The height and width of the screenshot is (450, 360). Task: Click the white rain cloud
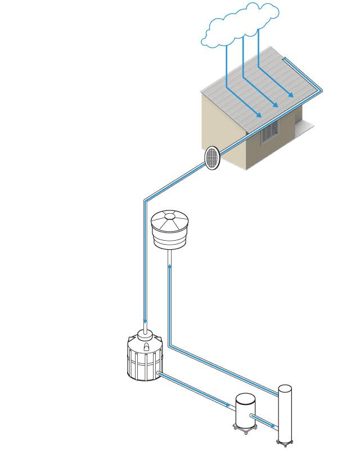pyautogui.click(x=241, y=26)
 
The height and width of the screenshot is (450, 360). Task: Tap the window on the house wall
pyautogui.click(x=270, y=132)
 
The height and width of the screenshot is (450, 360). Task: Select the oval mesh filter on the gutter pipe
pyautogui.click(x=211, y=158)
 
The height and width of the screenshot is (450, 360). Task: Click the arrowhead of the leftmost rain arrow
pyautogui.click(x=259, y=116)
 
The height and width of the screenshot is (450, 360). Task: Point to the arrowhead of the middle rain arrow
pyautogui.click(x=277, y=106)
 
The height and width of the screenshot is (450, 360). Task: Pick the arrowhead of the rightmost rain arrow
pyautogui.click(x=291, y=96)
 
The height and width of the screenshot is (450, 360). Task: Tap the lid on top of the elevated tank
pyautogui.click(x=169, y=217)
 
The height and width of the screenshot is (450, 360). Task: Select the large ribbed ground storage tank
pyautogui.click(x=145, y=357)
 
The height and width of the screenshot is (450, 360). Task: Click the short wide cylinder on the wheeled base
pyautogui.click(x=245, y=410)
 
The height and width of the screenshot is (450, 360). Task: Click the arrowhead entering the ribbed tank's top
pyautogui.click(x=145, y=321)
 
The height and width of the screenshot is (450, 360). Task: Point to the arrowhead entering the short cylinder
pyautogui.click(x=228, y=404)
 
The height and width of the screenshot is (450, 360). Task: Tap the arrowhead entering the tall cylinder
pyautogui.click(x=274, y=427)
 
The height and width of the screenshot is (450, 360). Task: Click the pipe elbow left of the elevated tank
pyautogui.click(x=146, y=200)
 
